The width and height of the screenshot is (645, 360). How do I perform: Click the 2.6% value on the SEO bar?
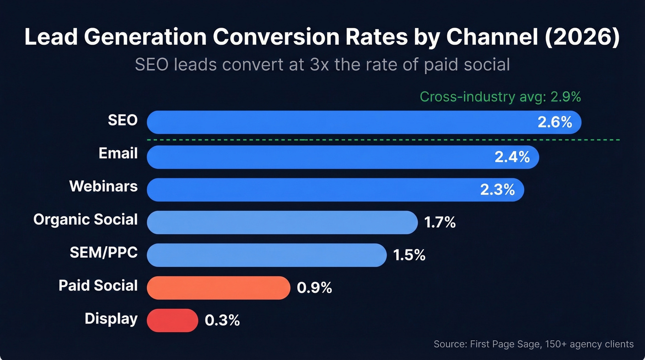[x=555, y=123]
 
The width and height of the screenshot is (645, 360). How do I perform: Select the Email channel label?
[x=118, y=153]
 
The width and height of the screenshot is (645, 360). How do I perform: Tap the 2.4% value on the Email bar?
[x=512, y=157]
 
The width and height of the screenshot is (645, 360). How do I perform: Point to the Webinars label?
[x=103, y=186]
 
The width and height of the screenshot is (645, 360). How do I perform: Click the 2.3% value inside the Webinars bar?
[x=497, y=190]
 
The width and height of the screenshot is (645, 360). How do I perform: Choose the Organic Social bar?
[x=282, y=222]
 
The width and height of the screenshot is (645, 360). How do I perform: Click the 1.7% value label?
[x=440, y=223]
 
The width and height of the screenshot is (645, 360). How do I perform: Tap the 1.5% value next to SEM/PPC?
[x=409, y=255]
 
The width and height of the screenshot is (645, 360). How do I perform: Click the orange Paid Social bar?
[x=218, y=288]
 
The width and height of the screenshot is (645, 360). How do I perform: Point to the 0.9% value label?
[x=314, y=288]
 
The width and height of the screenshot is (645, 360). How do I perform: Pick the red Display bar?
[x=172, y=320]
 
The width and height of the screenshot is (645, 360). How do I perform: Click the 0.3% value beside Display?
[x=222, y=320]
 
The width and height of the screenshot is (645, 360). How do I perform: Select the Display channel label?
[x=111, y=319]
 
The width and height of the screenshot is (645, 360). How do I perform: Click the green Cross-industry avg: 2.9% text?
[x=500, y=97]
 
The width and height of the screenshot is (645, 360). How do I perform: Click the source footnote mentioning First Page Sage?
[x=534, y=344]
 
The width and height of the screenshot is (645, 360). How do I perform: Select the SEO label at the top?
[x=123, y=120]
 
